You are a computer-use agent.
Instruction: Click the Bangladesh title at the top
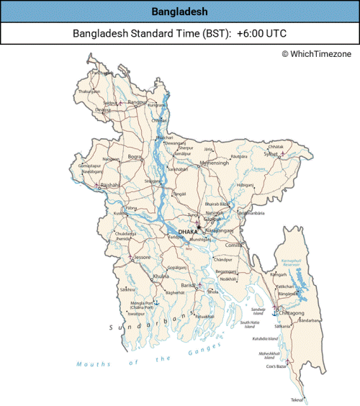[179, 12]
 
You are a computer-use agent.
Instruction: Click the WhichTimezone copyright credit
[318, 54]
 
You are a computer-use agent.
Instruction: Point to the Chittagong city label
[291, 314]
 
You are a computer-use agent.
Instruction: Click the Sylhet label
[270, 153]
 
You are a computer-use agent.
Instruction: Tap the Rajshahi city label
[109, 185]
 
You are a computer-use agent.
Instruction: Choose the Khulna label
[161, 276]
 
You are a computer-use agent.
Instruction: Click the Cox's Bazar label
[276, 366]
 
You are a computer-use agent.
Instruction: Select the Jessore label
[142, 257]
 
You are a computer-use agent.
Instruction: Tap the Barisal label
[189, 286]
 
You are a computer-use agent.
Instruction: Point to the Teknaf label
[296, 400]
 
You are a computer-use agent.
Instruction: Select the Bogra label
[135, 156]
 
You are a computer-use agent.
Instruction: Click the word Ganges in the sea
[208, 348]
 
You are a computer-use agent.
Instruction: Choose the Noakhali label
[228, 279]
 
